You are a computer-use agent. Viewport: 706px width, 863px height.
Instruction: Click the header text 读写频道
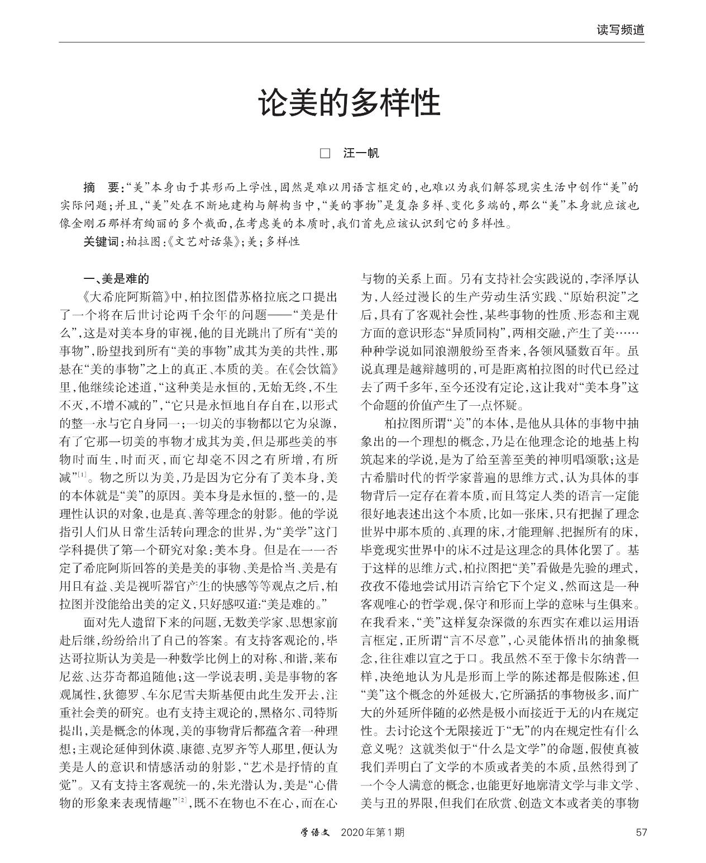(x=620, y=30)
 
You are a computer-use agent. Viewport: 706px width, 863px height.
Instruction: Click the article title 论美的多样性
(x=349, y=102)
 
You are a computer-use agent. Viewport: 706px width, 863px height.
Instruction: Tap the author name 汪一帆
(x=361, y=153)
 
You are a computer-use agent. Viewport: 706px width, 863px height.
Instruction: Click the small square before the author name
(x=325, y=153)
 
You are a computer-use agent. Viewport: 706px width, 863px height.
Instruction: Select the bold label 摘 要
(x=102, y=187)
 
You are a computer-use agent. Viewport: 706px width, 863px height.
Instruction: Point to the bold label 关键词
(x=102, y=241)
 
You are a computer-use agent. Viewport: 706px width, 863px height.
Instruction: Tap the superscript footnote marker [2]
(x=182, y=801)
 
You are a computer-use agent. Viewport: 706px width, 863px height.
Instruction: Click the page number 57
(x=641, y=832)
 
